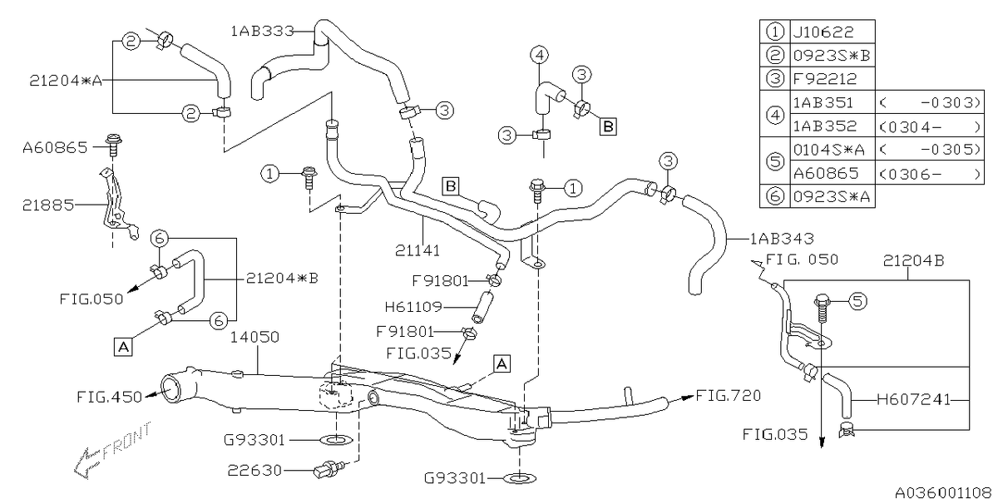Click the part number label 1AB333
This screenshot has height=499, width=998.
click(x=261, y=31)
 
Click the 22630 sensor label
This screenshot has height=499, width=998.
click(x=254, y=471)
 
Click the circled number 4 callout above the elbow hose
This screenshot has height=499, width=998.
click(x=539, y=57)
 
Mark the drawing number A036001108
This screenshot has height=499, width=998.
click(x=942, y=492)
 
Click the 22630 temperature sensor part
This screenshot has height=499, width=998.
click(x=326, y=471)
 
